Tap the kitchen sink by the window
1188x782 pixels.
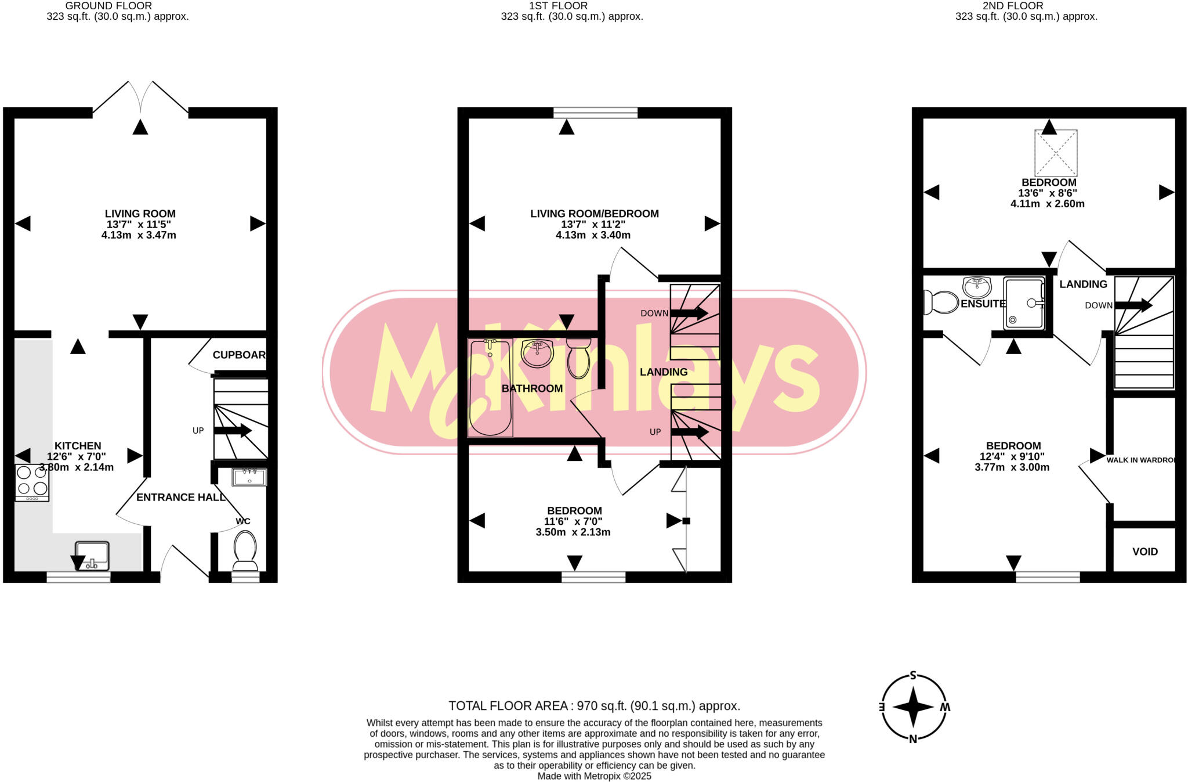point(92,556)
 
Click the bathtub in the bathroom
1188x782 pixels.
point(490,387)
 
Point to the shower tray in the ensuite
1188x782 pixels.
point(1024,303)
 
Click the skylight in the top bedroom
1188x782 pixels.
point(1056,153)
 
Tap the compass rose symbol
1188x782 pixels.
point(913,707)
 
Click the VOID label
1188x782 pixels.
point(1144,552)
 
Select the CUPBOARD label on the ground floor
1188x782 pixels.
point(239,355)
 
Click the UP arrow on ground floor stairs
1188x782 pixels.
point(233,431)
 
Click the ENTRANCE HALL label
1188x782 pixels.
point(180,497)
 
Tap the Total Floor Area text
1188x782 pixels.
point(594,706)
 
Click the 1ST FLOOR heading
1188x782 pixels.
point(558,6)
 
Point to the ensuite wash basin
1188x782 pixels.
point(977,286)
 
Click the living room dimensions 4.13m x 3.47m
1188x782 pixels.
point(139,235)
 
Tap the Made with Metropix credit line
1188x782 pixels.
point(594,776)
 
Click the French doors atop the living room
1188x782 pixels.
point(140,96)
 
